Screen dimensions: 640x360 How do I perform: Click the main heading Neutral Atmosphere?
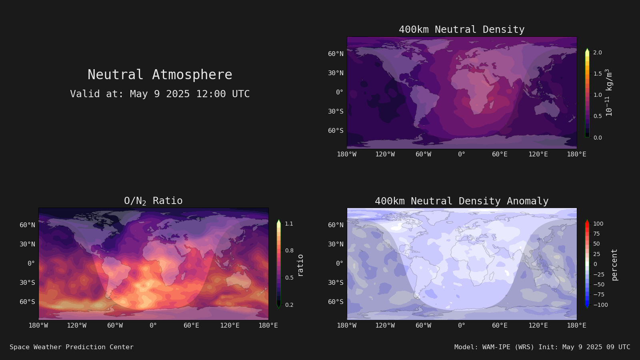(x=160, y=74)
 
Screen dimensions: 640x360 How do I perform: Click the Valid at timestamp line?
(x=160, y=94)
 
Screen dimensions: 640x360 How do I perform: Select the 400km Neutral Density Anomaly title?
(x=462, y=201)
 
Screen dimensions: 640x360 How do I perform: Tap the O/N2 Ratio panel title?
(x=153, y=201)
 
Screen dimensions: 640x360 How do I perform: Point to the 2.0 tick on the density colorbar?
(x=598, y=52)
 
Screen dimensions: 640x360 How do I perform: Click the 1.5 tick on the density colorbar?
(x=598, y=74)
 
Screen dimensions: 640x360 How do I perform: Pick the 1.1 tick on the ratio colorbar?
(x=289, y=224)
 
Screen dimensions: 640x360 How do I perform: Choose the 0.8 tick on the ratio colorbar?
(x=289, y=250)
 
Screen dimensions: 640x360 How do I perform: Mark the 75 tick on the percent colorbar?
(x=596, y=234)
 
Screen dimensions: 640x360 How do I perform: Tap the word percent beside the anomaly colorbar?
(x=614, y=265)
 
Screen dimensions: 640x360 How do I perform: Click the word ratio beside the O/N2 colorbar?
(x=300, y=265)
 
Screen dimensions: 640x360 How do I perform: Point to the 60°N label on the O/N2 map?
(x=28, y=225)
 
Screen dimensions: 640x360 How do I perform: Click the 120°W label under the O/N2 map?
(x=76, y=326)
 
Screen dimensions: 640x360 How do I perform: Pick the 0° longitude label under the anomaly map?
(x=462, y=326)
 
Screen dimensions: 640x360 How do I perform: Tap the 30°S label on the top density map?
(x=336, y=112)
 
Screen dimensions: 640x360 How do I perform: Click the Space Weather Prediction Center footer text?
(x=72, y=347)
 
